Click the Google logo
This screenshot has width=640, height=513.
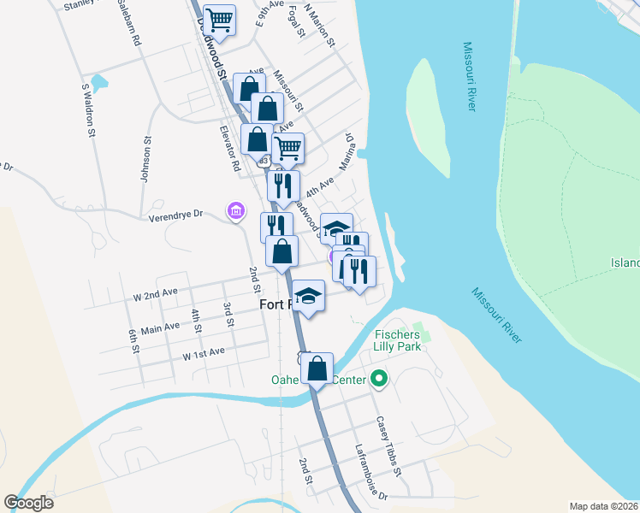29,503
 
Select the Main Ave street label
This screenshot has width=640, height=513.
160,327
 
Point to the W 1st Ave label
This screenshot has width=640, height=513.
203,351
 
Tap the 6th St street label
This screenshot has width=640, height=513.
133,339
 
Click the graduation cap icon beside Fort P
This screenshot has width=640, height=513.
310,296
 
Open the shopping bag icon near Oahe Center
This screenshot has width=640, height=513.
317,369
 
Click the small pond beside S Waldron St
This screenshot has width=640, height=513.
100,83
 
